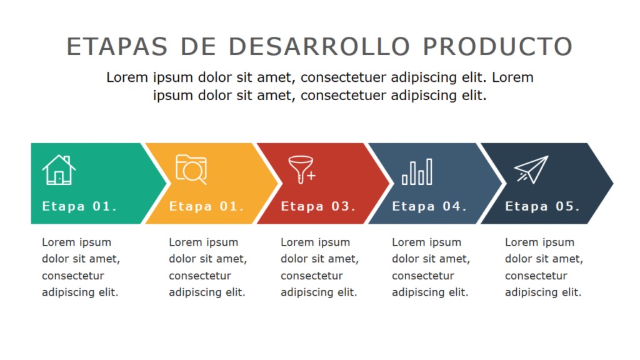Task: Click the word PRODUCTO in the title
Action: point(497,46)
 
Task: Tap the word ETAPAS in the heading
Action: point(117,46)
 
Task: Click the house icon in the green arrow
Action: point(59,170)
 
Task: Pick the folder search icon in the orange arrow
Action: point(191,169)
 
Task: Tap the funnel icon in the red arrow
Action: point(302,169)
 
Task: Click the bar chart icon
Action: point(417,172)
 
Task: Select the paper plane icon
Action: point(531,169)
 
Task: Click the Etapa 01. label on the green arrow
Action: point(79,206)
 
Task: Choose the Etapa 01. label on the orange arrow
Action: point(206,206)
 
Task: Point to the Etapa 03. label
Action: point(318,206)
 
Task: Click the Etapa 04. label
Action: point(429,206)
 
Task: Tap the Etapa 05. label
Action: point(542,206)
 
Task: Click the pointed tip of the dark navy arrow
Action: point(612,183)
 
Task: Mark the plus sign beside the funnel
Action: point(311,176)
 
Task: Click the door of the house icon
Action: point(59,177)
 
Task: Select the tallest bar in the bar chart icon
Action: point(429,172)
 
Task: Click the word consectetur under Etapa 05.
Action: point(536,276)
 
